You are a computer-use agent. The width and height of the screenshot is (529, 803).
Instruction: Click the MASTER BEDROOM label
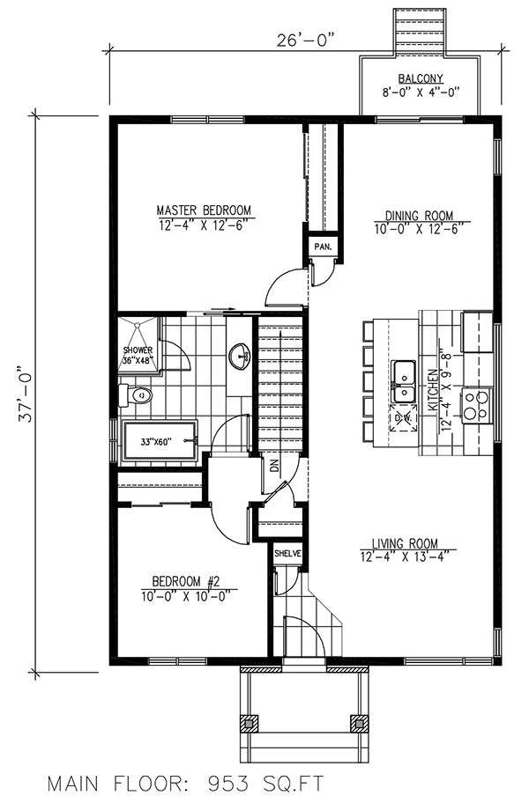pyautogui.click(x=204, y=210)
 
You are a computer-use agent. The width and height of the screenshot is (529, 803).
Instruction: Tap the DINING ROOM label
pyautogui.click(x=418, y=215)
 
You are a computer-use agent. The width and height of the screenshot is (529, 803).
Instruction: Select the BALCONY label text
pyautogui.click(x=418, y=78)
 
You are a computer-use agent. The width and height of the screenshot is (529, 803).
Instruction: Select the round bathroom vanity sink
pyautogui.click(x=238, y=357)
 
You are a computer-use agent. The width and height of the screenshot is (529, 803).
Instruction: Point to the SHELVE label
pyautogui.click(x=287, y=554)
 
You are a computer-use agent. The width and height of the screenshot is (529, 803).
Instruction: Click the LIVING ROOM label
pyautogui.click(x=406, y=543)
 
